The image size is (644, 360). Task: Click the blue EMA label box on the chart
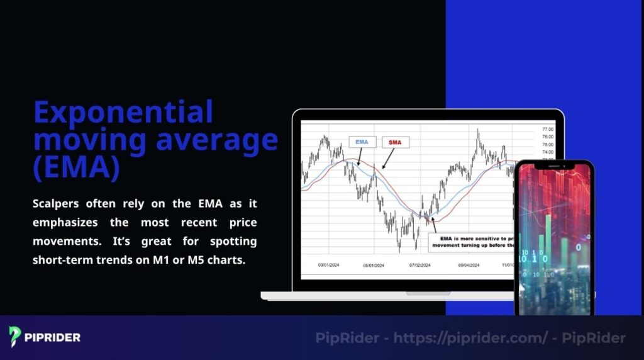click(x=362, y=142)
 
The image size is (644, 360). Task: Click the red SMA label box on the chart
click(x=395, y=143)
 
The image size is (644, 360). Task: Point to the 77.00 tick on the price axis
click(x=547, y=129)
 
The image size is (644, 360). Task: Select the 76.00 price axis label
click(x=547, y=137)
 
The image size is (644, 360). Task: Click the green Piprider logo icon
click(x=15, y=337)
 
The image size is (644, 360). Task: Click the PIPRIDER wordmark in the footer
click(x=52, y=337)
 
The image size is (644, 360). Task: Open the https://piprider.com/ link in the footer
click(x=470, y=338)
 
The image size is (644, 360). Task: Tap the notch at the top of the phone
click(x=553, y=166)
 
